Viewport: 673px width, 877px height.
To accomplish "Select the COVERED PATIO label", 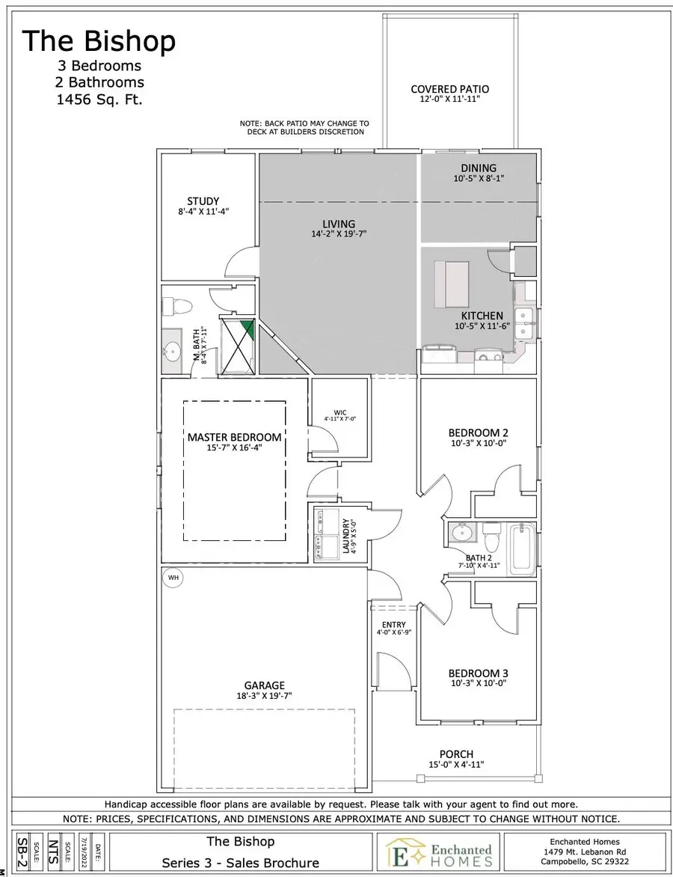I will pyautogui.click(x=450, y=90).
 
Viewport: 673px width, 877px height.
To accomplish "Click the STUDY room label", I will pyautogui.click(x=203, y=201).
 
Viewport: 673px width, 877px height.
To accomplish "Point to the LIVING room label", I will pyautogui.click(x=339, y=224).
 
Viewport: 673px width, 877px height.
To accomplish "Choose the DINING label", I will pyautogui.click(x=479, y=168).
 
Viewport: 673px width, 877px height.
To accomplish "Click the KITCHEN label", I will pyautogui.click(x=482, y=316).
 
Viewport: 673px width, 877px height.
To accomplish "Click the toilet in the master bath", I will pyautogui.click(x=178, y=305).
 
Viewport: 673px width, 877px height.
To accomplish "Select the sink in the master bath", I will pyautogui.click(x=173, y=350).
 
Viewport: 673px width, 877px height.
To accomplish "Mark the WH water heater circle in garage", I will pyautogui.click(x=173, y=578).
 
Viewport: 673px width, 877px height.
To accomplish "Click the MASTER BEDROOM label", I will pyautogui.click(x=234, y=437).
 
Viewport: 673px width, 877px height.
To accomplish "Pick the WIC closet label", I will pyautogui.click(x=340, y=412).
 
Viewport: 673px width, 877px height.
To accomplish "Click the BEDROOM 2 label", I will pyautogui.click(x=478, y=433).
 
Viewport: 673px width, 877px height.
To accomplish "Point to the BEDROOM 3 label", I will pyautogui.click(x=478, y=673).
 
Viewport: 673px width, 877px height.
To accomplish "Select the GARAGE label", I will pyautogui.click(x=264, y=685).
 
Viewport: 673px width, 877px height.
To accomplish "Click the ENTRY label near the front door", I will pyautogui.click(x=393, y=625).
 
